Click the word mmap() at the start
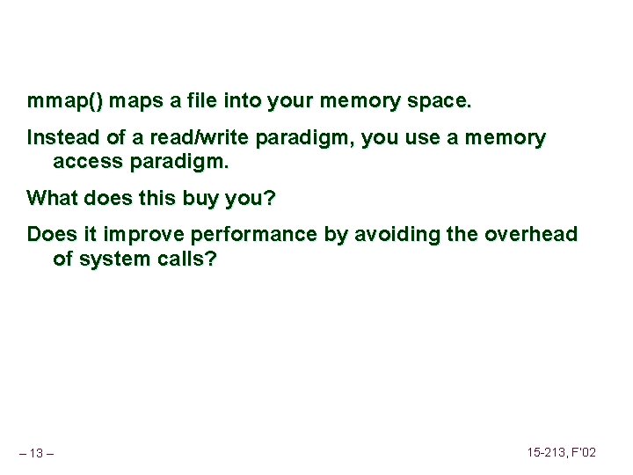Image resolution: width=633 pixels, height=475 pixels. coord(64,101)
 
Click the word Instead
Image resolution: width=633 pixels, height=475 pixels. coord(61,138)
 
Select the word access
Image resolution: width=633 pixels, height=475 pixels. coord(86,162)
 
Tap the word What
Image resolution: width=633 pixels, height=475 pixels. coord(53,198)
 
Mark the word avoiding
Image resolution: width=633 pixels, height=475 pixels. coord(388,235)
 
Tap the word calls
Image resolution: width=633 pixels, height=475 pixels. coord(186,259)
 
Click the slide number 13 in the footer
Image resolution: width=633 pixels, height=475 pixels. coord(36,453)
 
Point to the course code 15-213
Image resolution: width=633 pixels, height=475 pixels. coord(548,452)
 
